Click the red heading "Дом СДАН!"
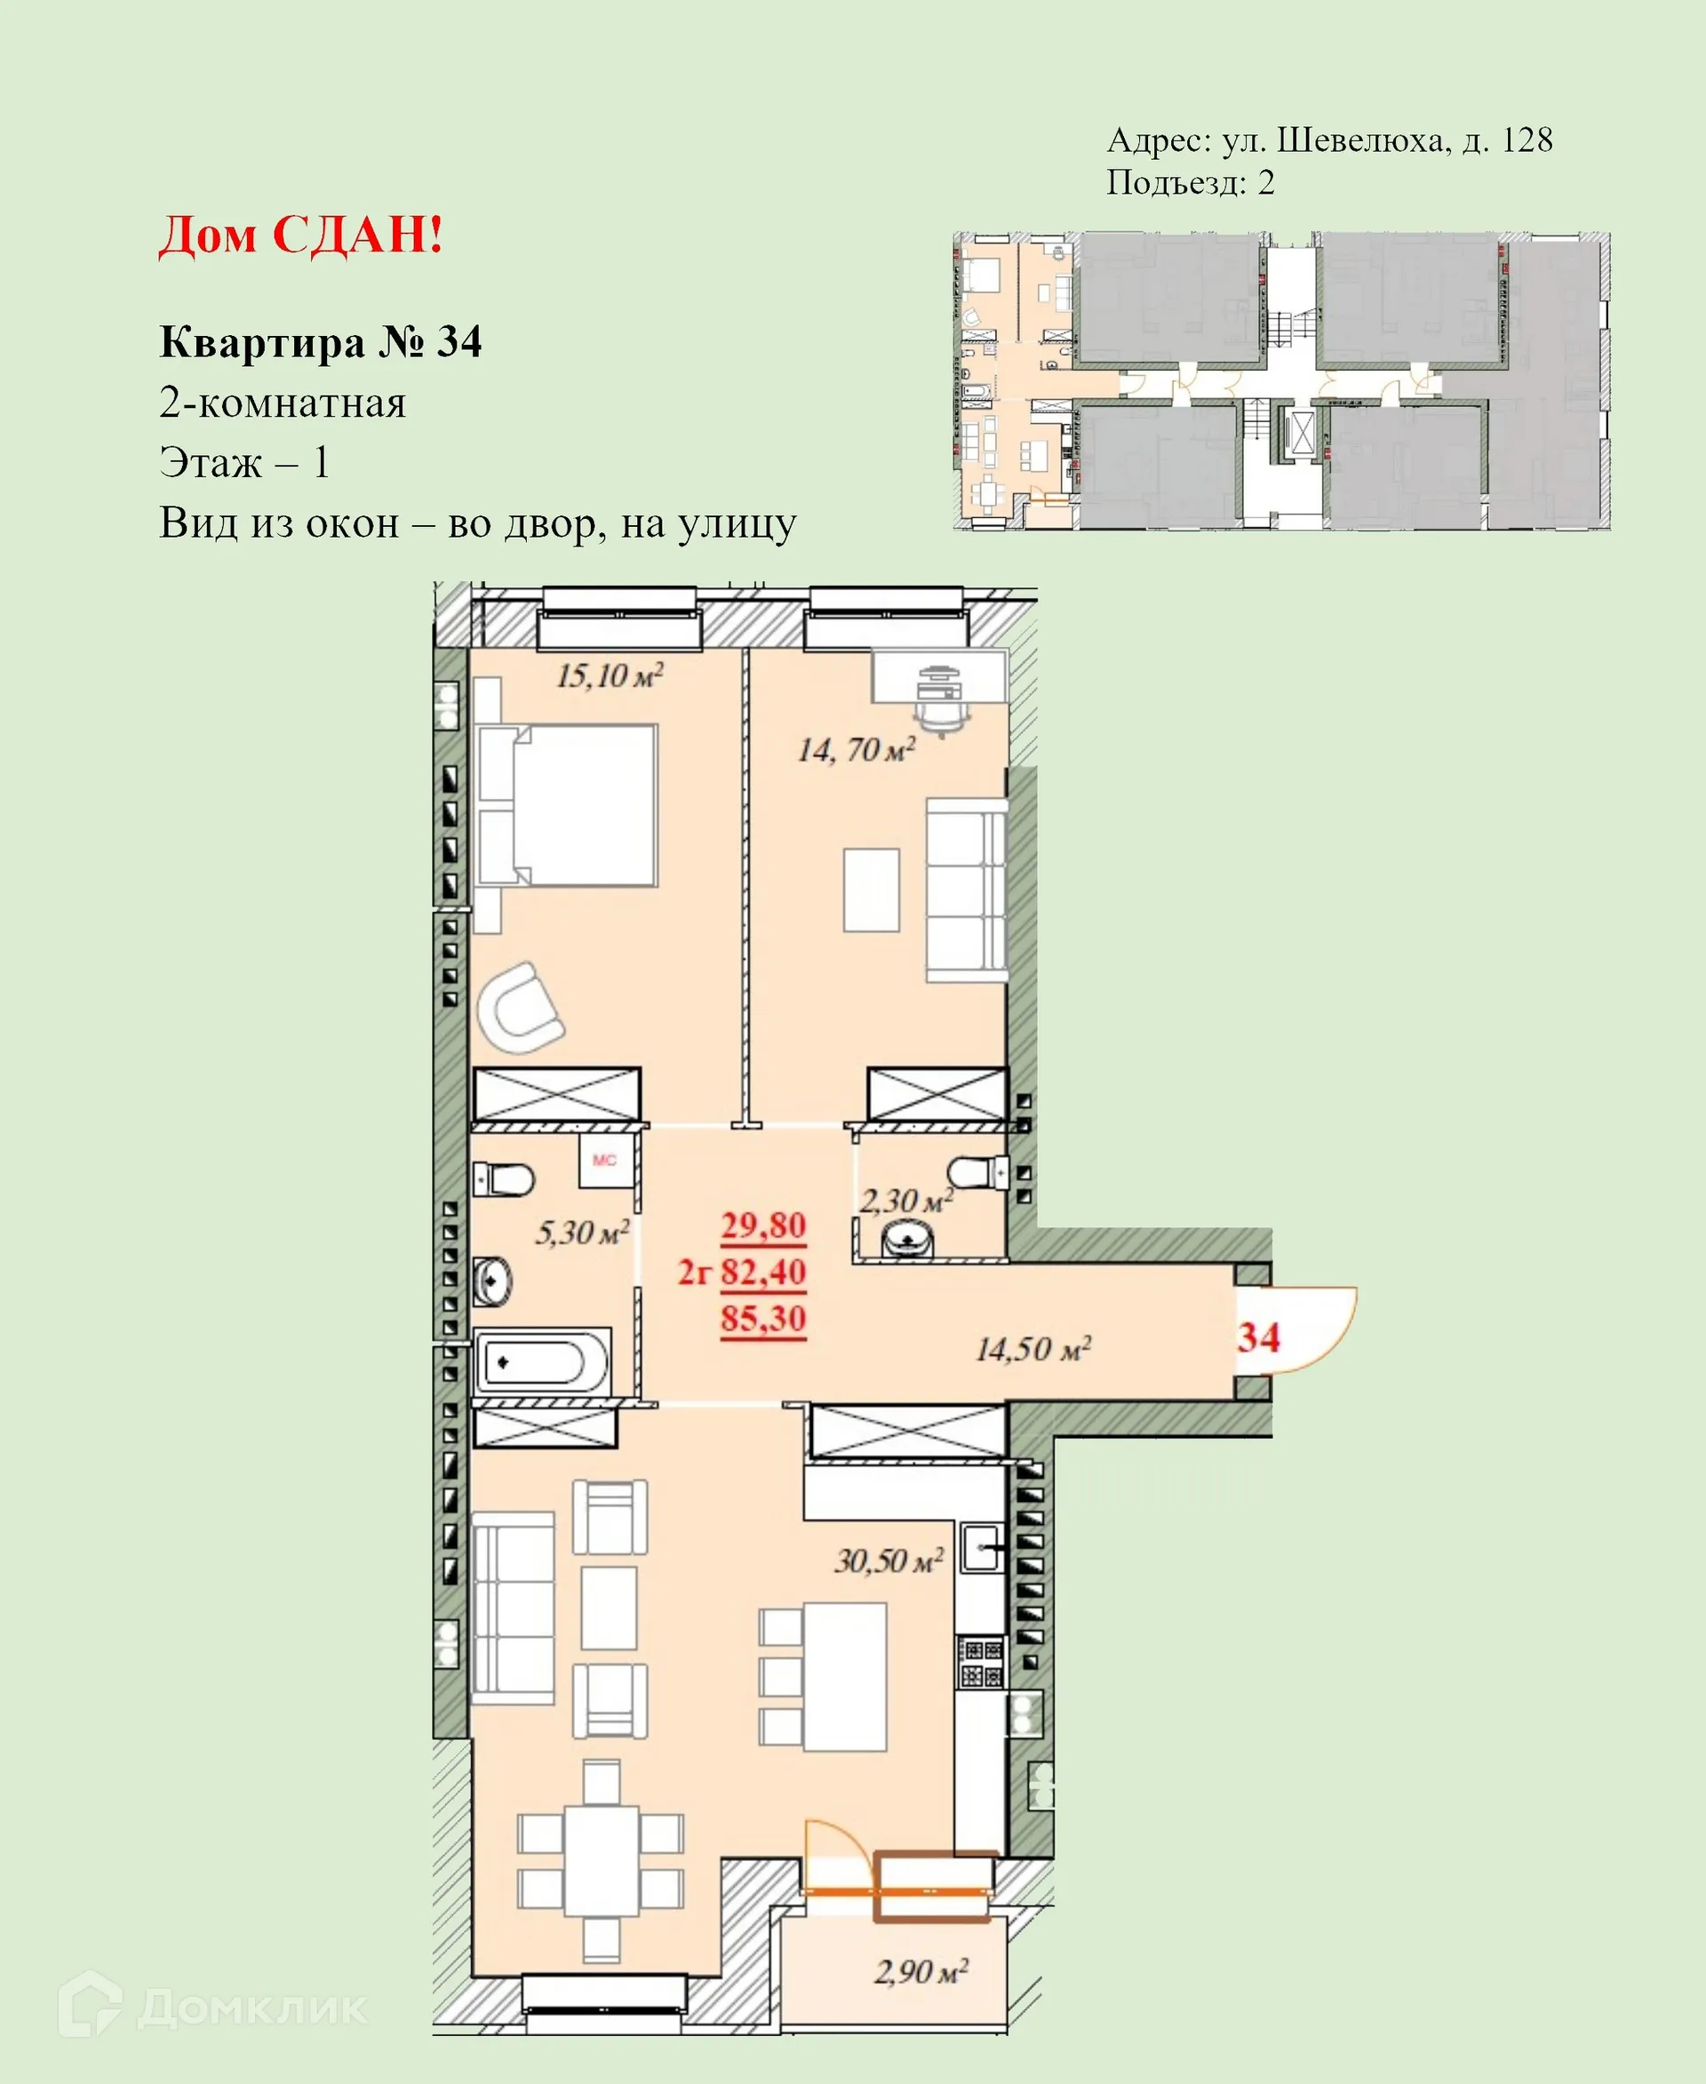pos(300,236)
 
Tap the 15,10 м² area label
pos(610,675)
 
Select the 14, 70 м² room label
pos(856,751)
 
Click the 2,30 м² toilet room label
pos(905,1201)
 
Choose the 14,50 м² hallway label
pos(1032,1349)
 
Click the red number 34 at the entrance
pos(1258,1337)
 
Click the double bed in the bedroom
pos(567,806)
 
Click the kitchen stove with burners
pos(981,1662)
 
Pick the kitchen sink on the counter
pos(982,1549)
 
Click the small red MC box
pos(603,1161)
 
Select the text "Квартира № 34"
pos(321,342)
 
